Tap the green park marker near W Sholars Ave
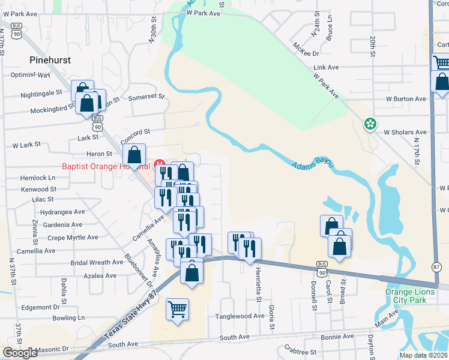(x=371, y=125)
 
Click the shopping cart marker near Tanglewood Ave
(x=177, y=310)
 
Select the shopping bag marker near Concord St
(x=136, y=155)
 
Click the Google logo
(x=20, y=353)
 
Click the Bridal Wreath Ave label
(x=97, y=263)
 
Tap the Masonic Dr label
(x=52, y=349)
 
